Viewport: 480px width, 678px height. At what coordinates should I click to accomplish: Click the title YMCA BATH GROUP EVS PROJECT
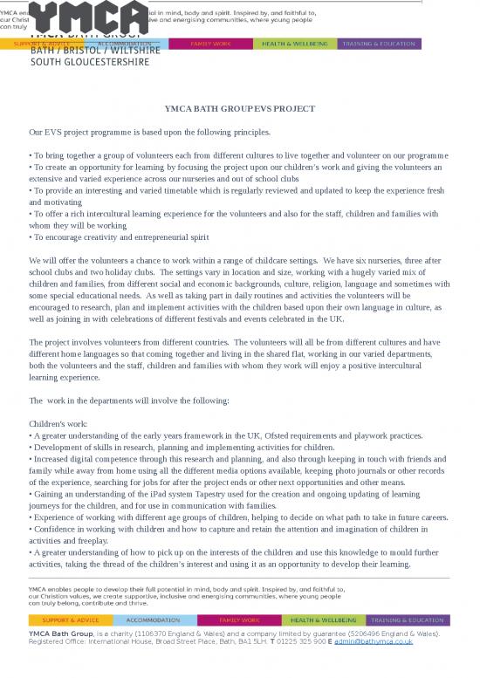click(x=240, y=108)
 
